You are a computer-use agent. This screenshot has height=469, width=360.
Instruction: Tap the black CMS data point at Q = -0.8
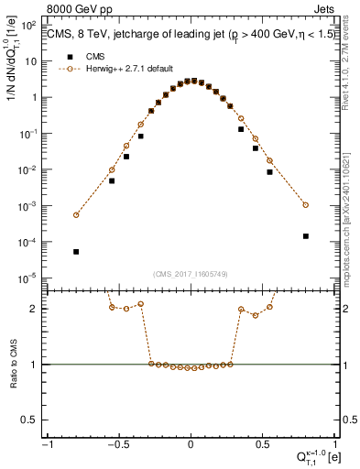point(77,251)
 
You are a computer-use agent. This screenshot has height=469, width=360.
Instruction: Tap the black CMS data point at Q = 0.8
point(306,235)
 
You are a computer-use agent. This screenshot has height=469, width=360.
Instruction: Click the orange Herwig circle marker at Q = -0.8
point(77,215)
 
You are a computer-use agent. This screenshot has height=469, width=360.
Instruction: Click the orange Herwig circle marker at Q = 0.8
point(306,205)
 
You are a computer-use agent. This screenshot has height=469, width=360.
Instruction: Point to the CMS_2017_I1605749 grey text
point(191,275)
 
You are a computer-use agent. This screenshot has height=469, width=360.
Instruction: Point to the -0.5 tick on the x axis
point(119,444)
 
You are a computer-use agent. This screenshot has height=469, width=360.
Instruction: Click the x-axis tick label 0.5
point(262,444)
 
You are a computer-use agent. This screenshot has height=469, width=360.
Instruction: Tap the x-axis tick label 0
point(191,444)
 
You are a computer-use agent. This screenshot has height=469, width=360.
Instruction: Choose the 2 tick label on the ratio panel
point(37,309)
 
